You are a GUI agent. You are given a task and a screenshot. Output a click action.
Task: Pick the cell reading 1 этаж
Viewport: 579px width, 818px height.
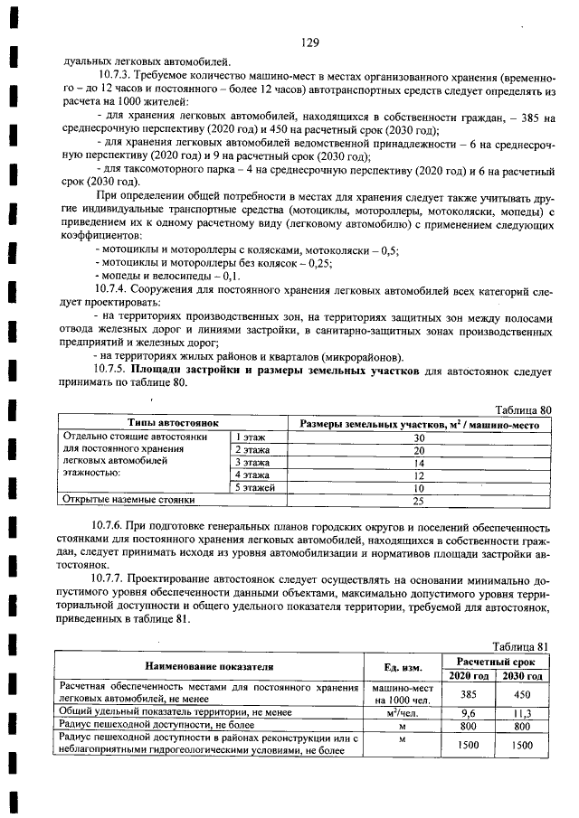242,437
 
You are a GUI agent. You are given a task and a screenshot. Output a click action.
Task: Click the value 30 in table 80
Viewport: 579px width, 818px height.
419,437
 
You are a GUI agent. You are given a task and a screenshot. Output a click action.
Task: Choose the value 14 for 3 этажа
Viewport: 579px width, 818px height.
419,462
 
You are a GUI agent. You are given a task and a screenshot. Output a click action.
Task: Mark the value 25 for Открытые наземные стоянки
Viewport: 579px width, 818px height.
419,500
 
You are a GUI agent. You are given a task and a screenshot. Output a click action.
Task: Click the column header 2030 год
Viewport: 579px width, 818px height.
522,675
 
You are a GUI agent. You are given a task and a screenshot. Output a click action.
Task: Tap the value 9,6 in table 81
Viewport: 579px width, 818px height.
469,712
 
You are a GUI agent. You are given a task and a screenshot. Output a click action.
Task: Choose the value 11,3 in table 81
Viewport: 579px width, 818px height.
523,712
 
